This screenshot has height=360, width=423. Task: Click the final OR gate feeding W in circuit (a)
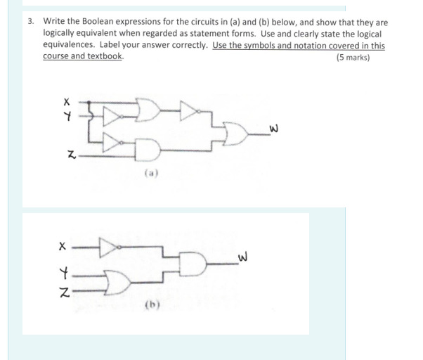234,129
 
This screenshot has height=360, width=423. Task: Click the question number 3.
32,22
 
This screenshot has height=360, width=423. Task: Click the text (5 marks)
353,57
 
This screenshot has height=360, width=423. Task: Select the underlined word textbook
107,56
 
